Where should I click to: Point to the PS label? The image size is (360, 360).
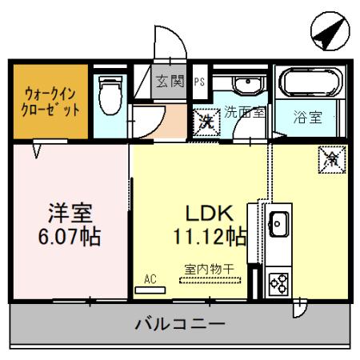click(x=198, y=82)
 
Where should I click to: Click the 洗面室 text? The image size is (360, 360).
click(x=245, y=112)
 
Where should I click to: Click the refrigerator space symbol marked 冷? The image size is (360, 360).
click(x=330, y=158)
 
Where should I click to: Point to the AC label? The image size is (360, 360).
click(x=149, y=278)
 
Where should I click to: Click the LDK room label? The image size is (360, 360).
click(x=209, y=214)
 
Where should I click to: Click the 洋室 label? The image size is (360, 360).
click(x=71, y=214)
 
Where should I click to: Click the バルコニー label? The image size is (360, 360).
click(x=179, y=325)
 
